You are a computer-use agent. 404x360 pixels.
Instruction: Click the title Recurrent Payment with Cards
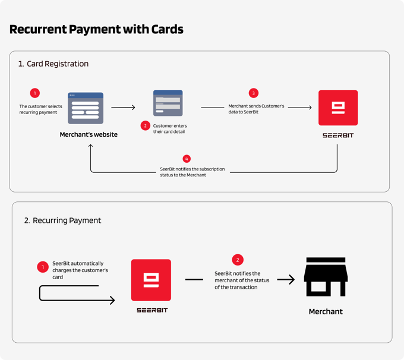pyautogui.click(x=96, y=29)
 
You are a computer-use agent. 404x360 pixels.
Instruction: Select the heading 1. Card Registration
pyautogui.click(x=53, y=64)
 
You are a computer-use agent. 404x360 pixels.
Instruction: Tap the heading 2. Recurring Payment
pyautogui.click(x=62, y=220)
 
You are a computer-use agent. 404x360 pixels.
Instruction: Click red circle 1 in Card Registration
pyautogui.click(x=34, y=93)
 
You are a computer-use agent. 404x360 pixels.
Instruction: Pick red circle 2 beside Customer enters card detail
pyautogui.click(x=145, y=126)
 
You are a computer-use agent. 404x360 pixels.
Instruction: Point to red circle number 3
pyautogui.click(x=254, y=93)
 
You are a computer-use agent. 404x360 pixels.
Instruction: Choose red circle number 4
pyautogui.click(x=187, y=159)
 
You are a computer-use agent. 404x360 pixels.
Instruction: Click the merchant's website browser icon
pyautogui.click(x=86, y=108)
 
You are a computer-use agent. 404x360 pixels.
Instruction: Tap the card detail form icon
pyautogui.click(x=168, y=103)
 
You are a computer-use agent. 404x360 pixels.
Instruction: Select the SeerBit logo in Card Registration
pyautogui.click(x=338, y=108)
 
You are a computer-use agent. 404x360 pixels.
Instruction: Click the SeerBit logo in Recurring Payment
pyautogui.click(x=151, y=280)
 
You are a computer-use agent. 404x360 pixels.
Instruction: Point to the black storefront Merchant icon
pyautogui.click(x=326, y=277)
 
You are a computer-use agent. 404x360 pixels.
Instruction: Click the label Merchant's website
pyautogui.click(x=89, y=134)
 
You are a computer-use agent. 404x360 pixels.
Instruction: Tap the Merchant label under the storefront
pyautogui.click(x=326, y=311)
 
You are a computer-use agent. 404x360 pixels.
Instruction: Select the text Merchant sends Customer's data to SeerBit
pyautogui.click(x=257, y=108)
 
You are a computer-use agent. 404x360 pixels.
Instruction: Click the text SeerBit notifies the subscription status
pyautogui.click(x=192, y=172)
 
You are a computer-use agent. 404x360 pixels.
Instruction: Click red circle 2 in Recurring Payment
pyautogui.click(x=238, y=260)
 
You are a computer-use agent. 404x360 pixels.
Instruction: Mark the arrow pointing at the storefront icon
pyautogui.click(x=286, y=279)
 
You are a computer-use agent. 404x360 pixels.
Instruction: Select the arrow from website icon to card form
pyautogui.click(x=123, y=108)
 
